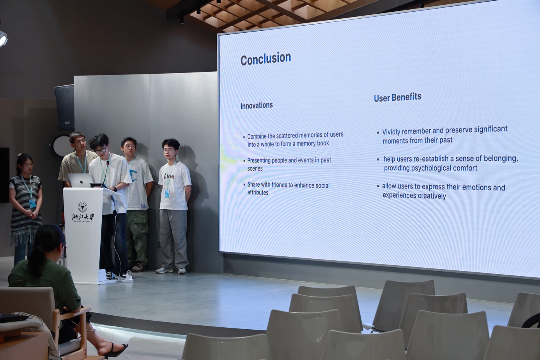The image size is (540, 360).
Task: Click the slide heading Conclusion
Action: tap(266, 59)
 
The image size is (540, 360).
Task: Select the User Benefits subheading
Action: tap(398, 97)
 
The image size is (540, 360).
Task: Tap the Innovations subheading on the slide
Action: tap(257, 105)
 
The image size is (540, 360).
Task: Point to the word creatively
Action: tap(432, 196)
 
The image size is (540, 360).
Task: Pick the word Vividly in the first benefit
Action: tap(391, 132)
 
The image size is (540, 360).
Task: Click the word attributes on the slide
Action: tap(258, 192)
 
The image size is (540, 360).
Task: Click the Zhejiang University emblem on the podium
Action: tap(82, 207)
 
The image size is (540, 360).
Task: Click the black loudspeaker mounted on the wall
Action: tap(65, 107)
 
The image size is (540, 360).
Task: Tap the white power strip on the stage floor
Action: tap(127, 279)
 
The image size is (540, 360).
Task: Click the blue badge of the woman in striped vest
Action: tap(32, 203)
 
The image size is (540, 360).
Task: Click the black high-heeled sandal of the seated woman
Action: tap(115, 350)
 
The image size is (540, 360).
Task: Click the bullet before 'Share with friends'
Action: tap(244, 185)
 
